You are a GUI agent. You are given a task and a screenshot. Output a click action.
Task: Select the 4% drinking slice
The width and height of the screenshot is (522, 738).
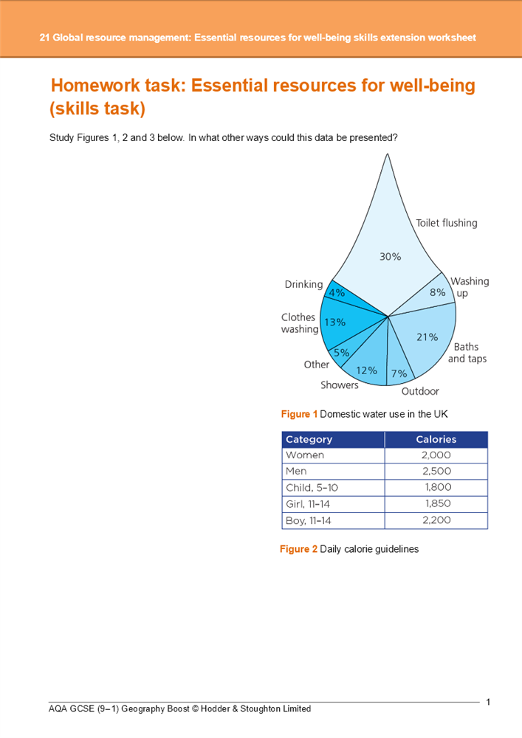(x=339, y=294)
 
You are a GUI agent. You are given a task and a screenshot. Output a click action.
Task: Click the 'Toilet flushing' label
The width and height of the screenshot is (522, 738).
(x=446, y=223)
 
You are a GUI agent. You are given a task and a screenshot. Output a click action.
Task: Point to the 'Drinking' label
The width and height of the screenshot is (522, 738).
(x=303, y=284)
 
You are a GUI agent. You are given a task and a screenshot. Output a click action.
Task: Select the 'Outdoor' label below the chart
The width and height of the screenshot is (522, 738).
(x=420, y=391)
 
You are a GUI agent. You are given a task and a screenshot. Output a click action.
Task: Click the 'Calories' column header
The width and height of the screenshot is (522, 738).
(x=436, y=439)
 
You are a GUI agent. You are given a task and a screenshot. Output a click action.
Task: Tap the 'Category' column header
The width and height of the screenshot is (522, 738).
(x=309, y=439)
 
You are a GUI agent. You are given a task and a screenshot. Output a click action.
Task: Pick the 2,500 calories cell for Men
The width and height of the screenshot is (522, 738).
(x=436, y=471)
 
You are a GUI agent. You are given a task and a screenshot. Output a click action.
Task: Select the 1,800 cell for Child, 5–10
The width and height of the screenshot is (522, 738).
(x=438, y=487)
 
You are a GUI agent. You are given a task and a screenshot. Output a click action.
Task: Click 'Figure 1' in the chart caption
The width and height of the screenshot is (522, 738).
(x=299, y=413)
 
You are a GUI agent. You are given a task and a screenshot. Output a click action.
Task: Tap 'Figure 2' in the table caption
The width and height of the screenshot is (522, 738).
(x=298, y=549)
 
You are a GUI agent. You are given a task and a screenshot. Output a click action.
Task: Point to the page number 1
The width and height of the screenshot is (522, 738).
(x=488, y=702)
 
